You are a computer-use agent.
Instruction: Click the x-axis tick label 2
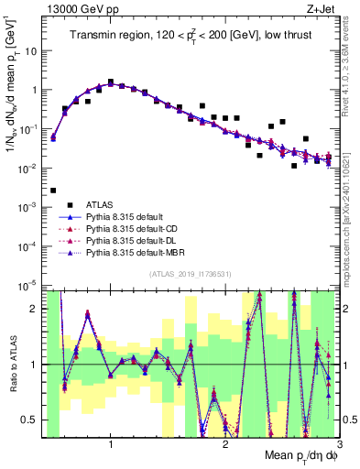pyautogui.click(x=225, y=444)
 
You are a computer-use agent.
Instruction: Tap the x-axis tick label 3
pyautogui.click(x=339, y=444)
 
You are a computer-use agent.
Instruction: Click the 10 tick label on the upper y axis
pyautogui.click(x=31, y=51)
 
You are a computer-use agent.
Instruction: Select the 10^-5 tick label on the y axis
pyautogui.click(x=27, y=286)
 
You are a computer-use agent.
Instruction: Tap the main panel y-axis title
pyautogui.click(x=12, y=92)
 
